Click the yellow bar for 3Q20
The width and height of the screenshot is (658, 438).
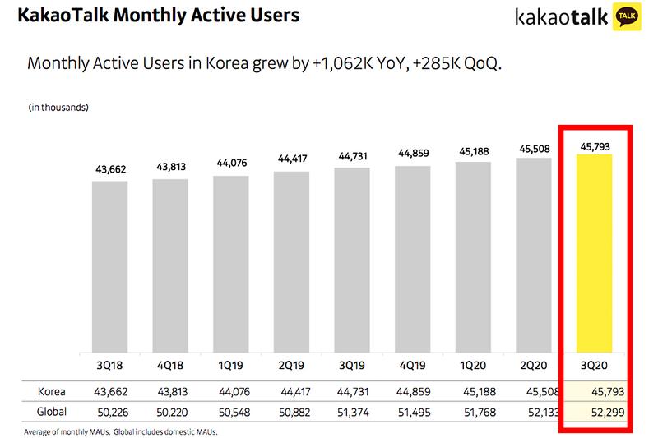tap(594, 251)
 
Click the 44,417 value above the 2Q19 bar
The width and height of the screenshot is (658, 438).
tap(291, 159)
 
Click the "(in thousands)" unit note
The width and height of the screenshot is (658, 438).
tap(58, 108)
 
